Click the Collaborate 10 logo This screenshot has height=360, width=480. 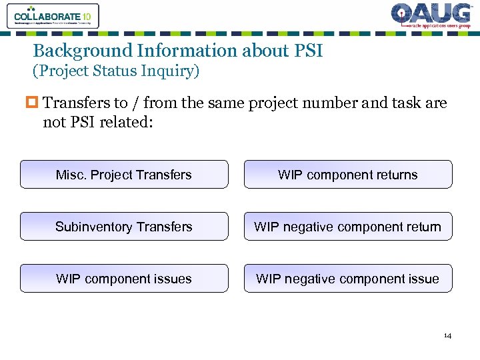coord(53,15)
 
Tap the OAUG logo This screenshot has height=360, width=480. coord(430,16)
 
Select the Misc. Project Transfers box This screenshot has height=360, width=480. coord(124,175)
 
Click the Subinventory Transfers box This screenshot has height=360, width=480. coord(124,227)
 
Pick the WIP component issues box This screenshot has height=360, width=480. coord(124,279)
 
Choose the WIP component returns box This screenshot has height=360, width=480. coord(348,175)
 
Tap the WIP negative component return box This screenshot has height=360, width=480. coord(348,227)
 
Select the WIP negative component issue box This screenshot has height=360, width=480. coord(348,279)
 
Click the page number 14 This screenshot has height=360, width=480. coord(447,335)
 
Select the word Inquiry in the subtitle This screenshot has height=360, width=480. coord(172,71)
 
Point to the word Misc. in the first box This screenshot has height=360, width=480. coord(71,175)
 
